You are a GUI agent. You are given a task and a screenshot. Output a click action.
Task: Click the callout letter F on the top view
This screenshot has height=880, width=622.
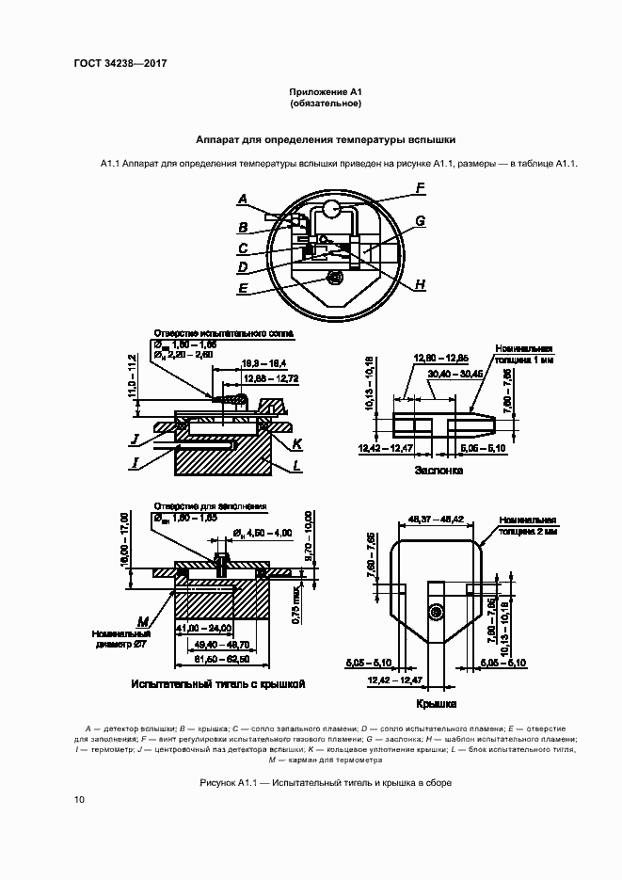[x=421, y=187]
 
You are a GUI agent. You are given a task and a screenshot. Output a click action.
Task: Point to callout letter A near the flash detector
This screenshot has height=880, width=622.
[x=243, y=200]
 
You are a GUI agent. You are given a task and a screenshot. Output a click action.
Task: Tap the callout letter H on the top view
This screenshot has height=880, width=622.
[x=421, y=284]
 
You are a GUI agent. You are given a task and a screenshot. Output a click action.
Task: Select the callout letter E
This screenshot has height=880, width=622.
[x=243, y=289]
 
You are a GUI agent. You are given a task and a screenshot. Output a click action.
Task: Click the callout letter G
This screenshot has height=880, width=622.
[x=421, y=220]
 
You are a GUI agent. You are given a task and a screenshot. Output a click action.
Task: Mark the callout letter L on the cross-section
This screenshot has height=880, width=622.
[x=296, y=465]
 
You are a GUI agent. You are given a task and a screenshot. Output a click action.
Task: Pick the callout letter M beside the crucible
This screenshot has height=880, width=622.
[x=143, y=621]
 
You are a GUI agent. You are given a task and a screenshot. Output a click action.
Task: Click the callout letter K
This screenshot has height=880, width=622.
[x=296, y=441]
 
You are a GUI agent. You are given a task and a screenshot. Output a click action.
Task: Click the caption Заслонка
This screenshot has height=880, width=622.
[x=439, y=470]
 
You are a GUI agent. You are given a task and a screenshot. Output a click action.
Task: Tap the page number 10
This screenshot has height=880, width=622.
[x=79, y=800]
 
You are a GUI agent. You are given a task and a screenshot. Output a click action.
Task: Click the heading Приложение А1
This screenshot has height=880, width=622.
[x=325, y=90]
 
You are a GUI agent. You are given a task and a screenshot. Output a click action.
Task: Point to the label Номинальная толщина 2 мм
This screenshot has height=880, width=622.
[x=529, y=524]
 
